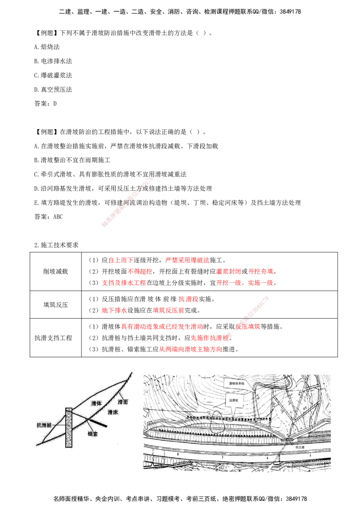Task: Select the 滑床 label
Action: coord(112,411)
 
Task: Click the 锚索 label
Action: coord(94,435)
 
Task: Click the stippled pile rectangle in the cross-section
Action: coord(69,427)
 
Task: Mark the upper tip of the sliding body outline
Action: coord(131,372)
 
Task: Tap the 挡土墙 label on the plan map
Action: coord(295,447)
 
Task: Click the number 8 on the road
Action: coord(178,455)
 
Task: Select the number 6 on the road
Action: coord(267,458)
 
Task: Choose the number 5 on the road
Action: coord(310,455)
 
